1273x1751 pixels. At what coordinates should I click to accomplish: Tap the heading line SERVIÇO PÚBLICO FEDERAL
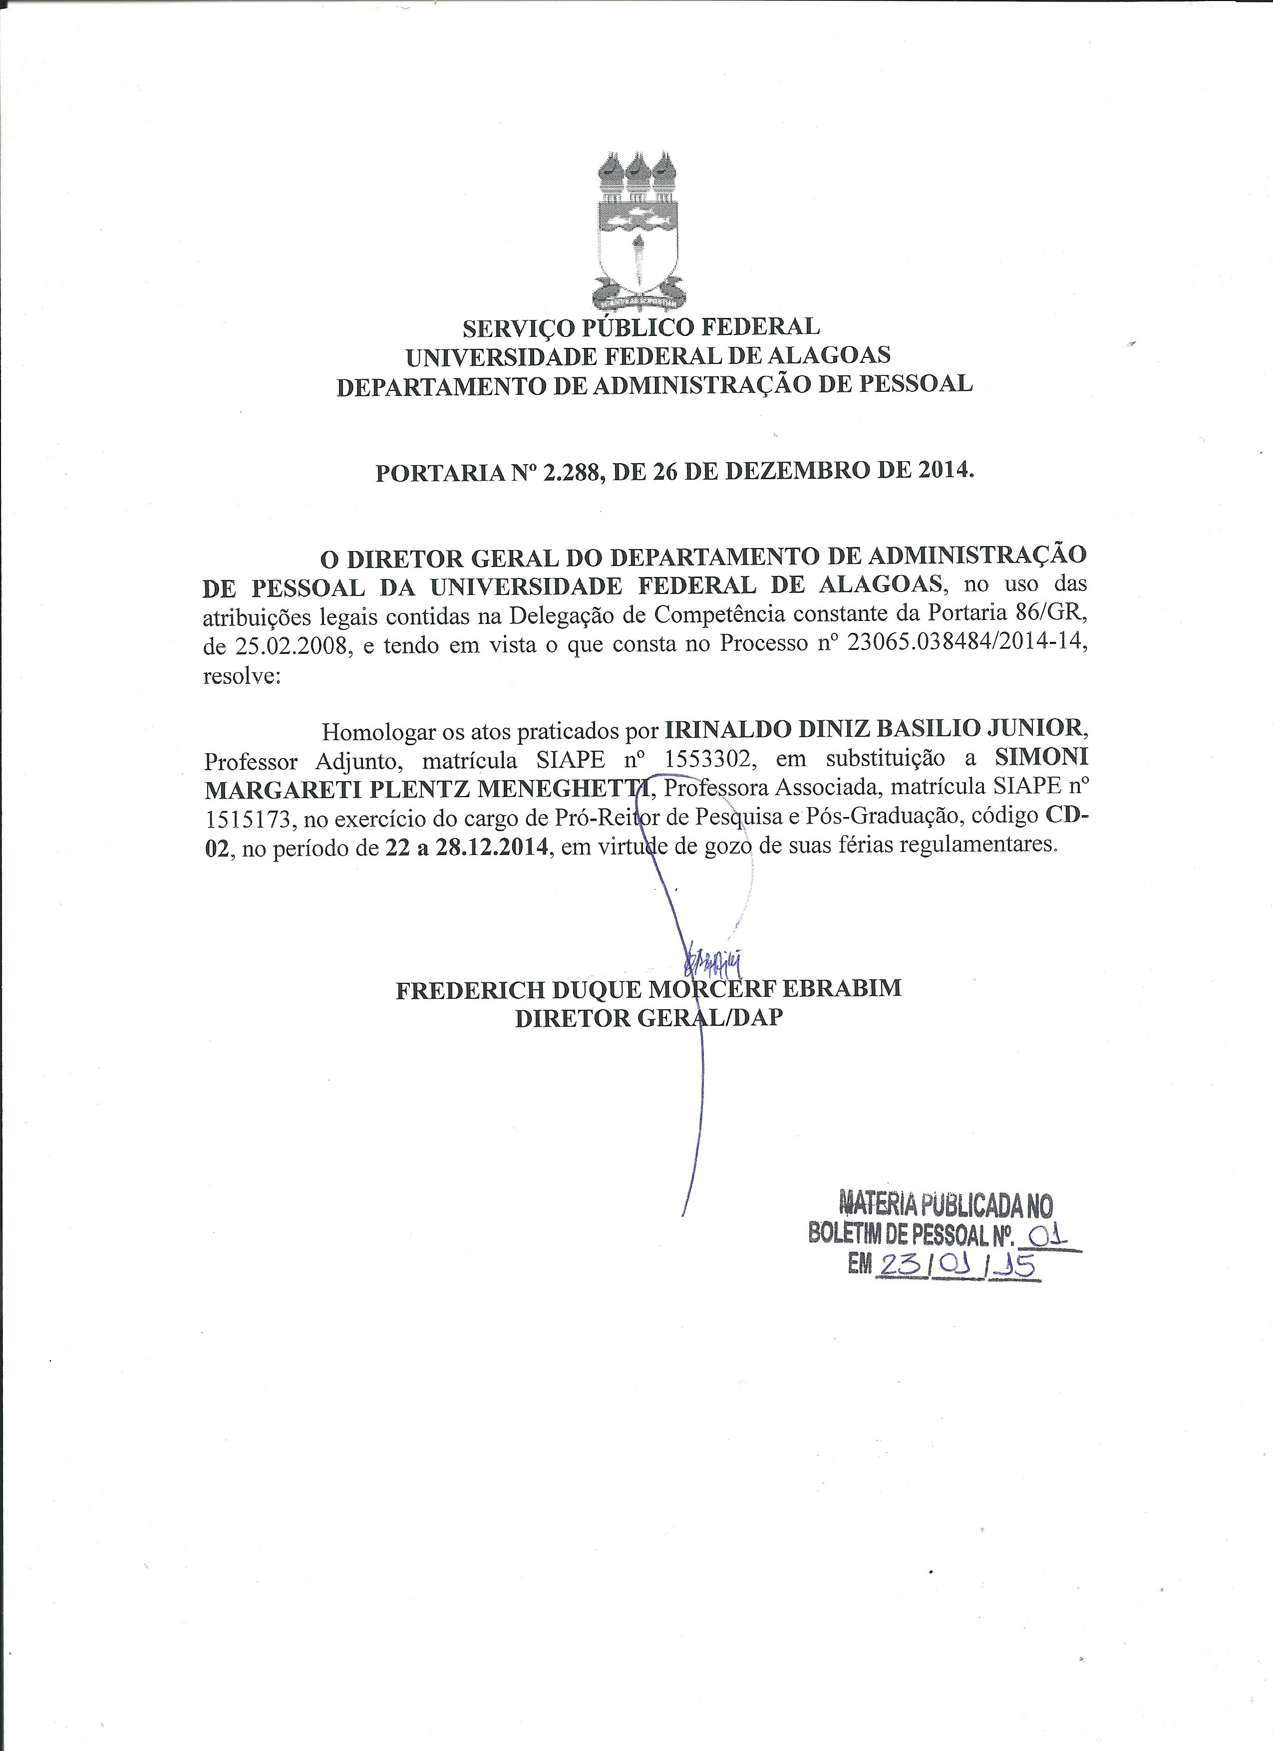[641, 327]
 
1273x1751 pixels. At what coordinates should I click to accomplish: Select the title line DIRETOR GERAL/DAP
[648, 1018]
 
